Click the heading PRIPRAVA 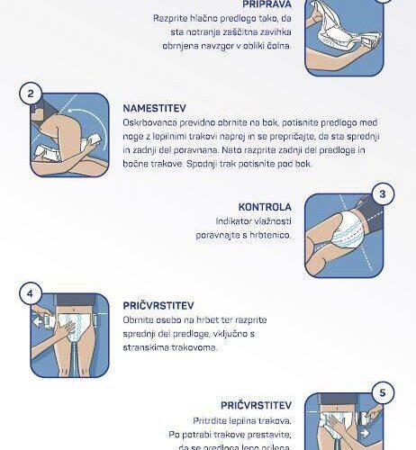tap(267, 4)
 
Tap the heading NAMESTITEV tap(155, 108)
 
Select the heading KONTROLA tap(265, 207)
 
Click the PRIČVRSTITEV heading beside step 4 tap(158, 306)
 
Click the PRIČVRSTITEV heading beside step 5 tap(257, 405)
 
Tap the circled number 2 tap(31, 94)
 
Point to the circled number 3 tap(383, 193)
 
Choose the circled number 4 tap(31, 293)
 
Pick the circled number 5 tap(383, 392)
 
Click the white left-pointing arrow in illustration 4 tap(37, 323)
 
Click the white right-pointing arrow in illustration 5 tap(365, 433)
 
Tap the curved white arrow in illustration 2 tap(96, 120)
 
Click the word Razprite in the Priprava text tap(170, 19)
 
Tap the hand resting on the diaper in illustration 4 tap(66, 330)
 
